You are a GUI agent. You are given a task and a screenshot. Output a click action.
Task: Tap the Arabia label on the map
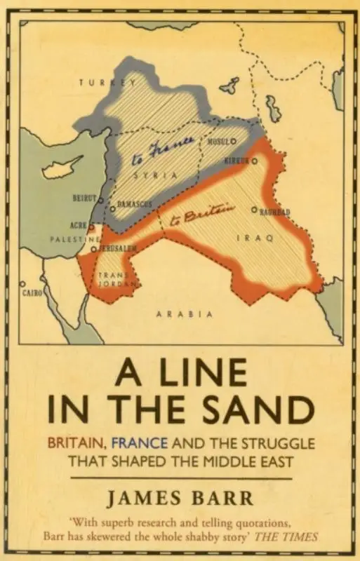tap(185, 313)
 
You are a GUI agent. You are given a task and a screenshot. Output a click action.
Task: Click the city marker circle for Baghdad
tap(254, 209)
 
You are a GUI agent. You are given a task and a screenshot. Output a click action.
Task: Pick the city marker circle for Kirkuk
tap(255, 161)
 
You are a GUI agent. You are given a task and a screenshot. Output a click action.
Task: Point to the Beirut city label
tap(84, 198)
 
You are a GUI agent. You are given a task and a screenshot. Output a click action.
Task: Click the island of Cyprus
tap(63, 168)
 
